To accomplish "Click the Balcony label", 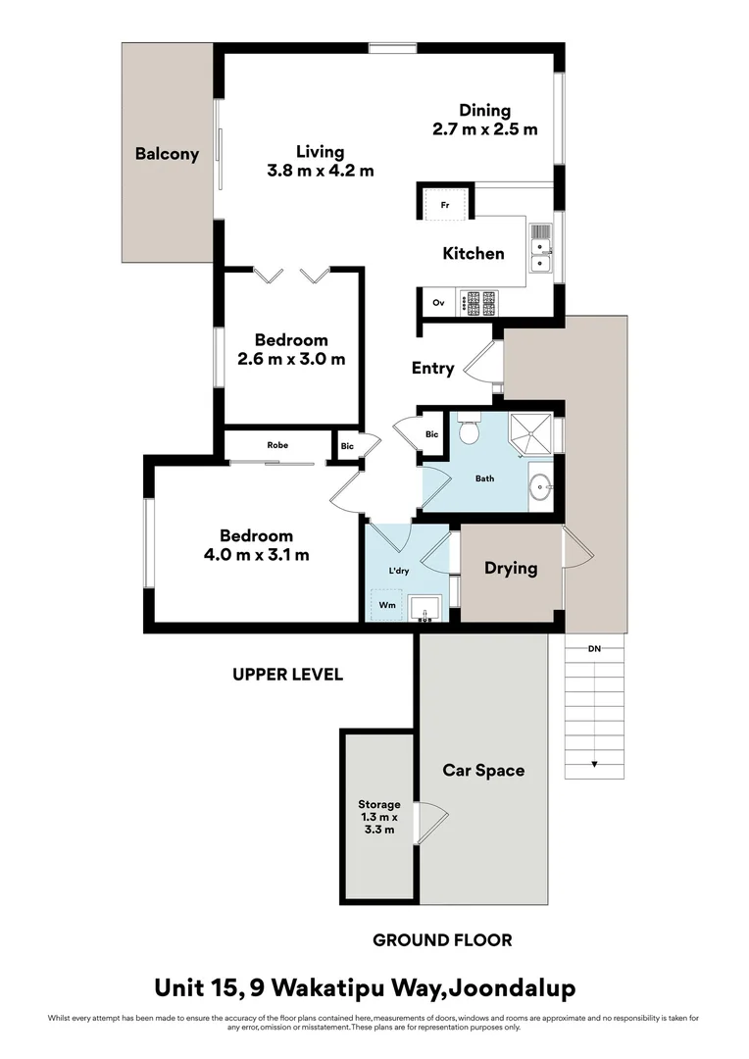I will (x=167, y=154).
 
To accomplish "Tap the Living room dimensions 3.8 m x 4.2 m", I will (x=321, y=171).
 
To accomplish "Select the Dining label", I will (x=484, y=111).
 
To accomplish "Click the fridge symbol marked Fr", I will (x=445, y=205).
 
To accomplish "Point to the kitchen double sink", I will (x=541, y=247).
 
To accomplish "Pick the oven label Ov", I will (x=438, y=303).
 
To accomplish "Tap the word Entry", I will (x=432, y=369).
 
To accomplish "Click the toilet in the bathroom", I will (x=469, y=429).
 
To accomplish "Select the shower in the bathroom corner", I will (x=530, y=434).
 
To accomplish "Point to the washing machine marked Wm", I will (x=388, y=605).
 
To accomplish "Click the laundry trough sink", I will (x=426, y=608).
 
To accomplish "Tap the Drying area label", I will (x=511, y=568).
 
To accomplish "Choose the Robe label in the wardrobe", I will (x=277, y=445).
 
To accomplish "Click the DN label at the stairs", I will (x=594, y=649).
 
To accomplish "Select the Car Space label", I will (x=482, y=771).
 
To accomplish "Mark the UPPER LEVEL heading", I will (x=287, y=675).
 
